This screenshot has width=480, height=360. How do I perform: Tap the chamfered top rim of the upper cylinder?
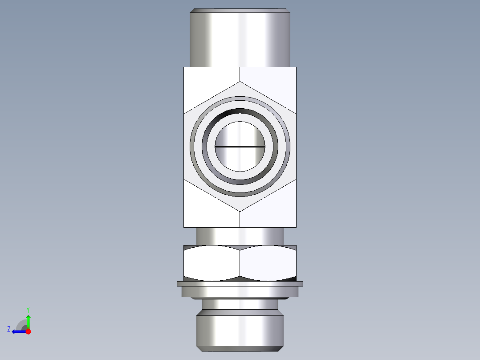(x=240, y=10)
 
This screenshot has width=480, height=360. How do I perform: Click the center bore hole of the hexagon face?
(x=240, y=134)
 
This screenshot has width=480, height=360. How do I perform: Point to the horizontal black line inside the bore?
(x=240, y=146)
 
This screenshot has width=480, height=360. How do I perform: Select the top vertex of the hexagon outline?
(x=240, y=82)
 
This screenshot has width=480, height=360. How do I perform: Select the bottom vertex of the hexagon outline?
(x=240, y=211)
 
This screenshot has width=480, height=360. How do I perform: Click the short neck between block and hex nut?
(x=240, y=236)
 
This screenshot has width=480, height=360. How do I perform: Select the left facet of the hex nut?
(x=212, y=263)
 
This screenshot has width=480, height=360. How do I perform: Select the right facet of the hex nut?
(x=268, y=263)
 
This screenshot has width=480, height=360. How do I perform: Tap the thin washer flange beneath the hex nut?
(x=240, y=283)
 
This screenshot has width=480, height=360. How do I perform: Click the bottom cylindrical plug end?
(x=240, y=330)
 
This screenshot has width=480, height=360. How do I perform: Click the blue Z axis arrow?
(x=18, y=331)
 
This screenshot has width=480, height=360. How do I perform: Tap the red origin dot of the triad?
(x=28, y=331)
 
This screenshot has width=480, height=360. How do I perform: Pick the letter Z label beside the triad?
(x=9, y=329)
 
